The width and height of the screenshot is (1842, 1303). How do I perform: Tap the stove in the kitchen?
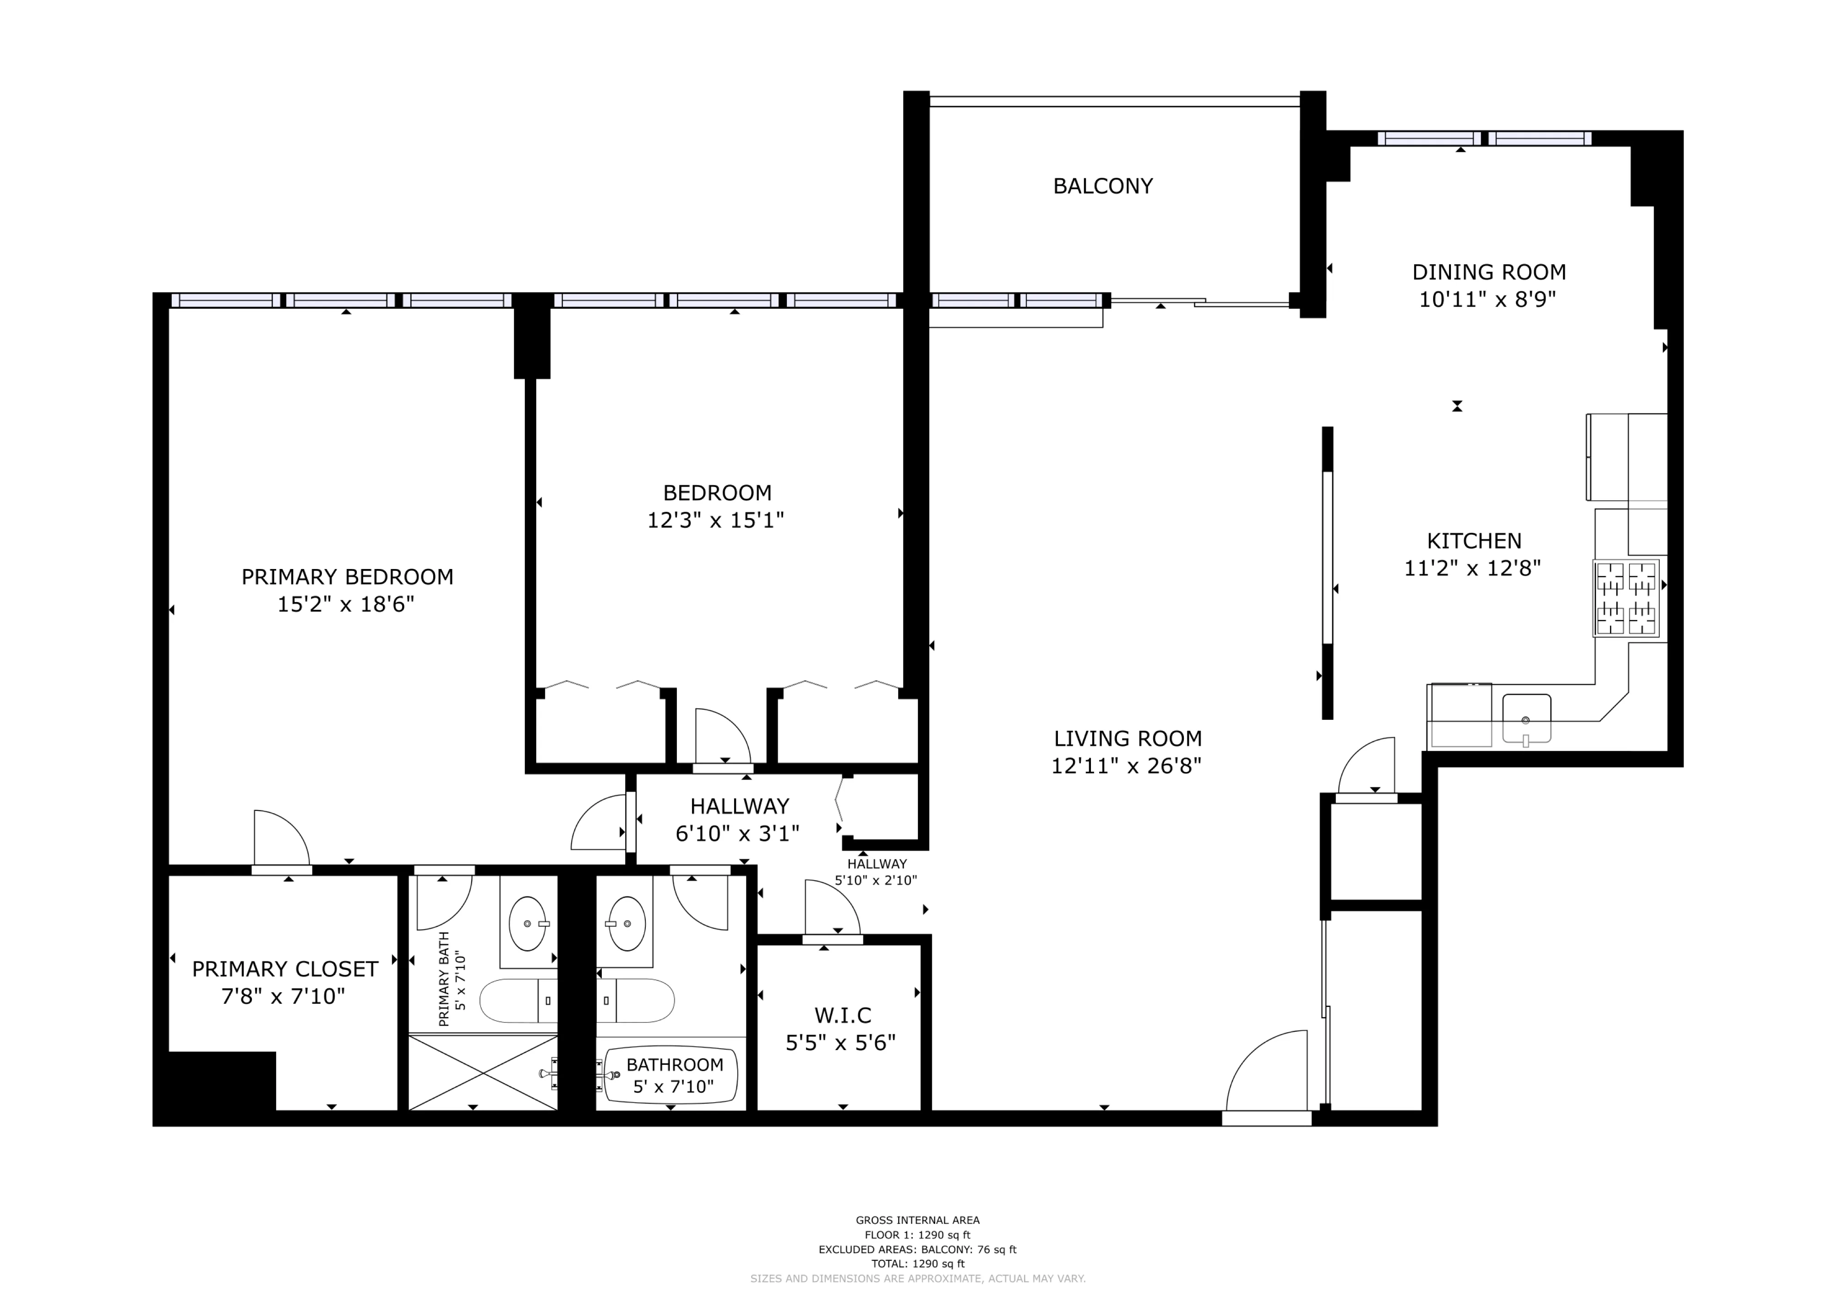tap(1626, 598)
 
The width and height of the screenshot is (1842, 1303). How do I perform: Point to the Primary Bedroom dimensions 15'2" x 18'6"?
tap(346, 604)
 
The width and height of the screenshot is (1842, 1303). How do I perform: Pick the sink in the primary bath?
tap(527, 924)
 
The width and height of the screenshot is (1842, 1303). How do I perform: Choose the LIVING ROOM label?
tap(1127, 738)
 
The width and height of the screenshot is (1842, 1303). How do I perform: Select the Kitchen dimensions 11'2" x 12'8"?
tap(1472, 568)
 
